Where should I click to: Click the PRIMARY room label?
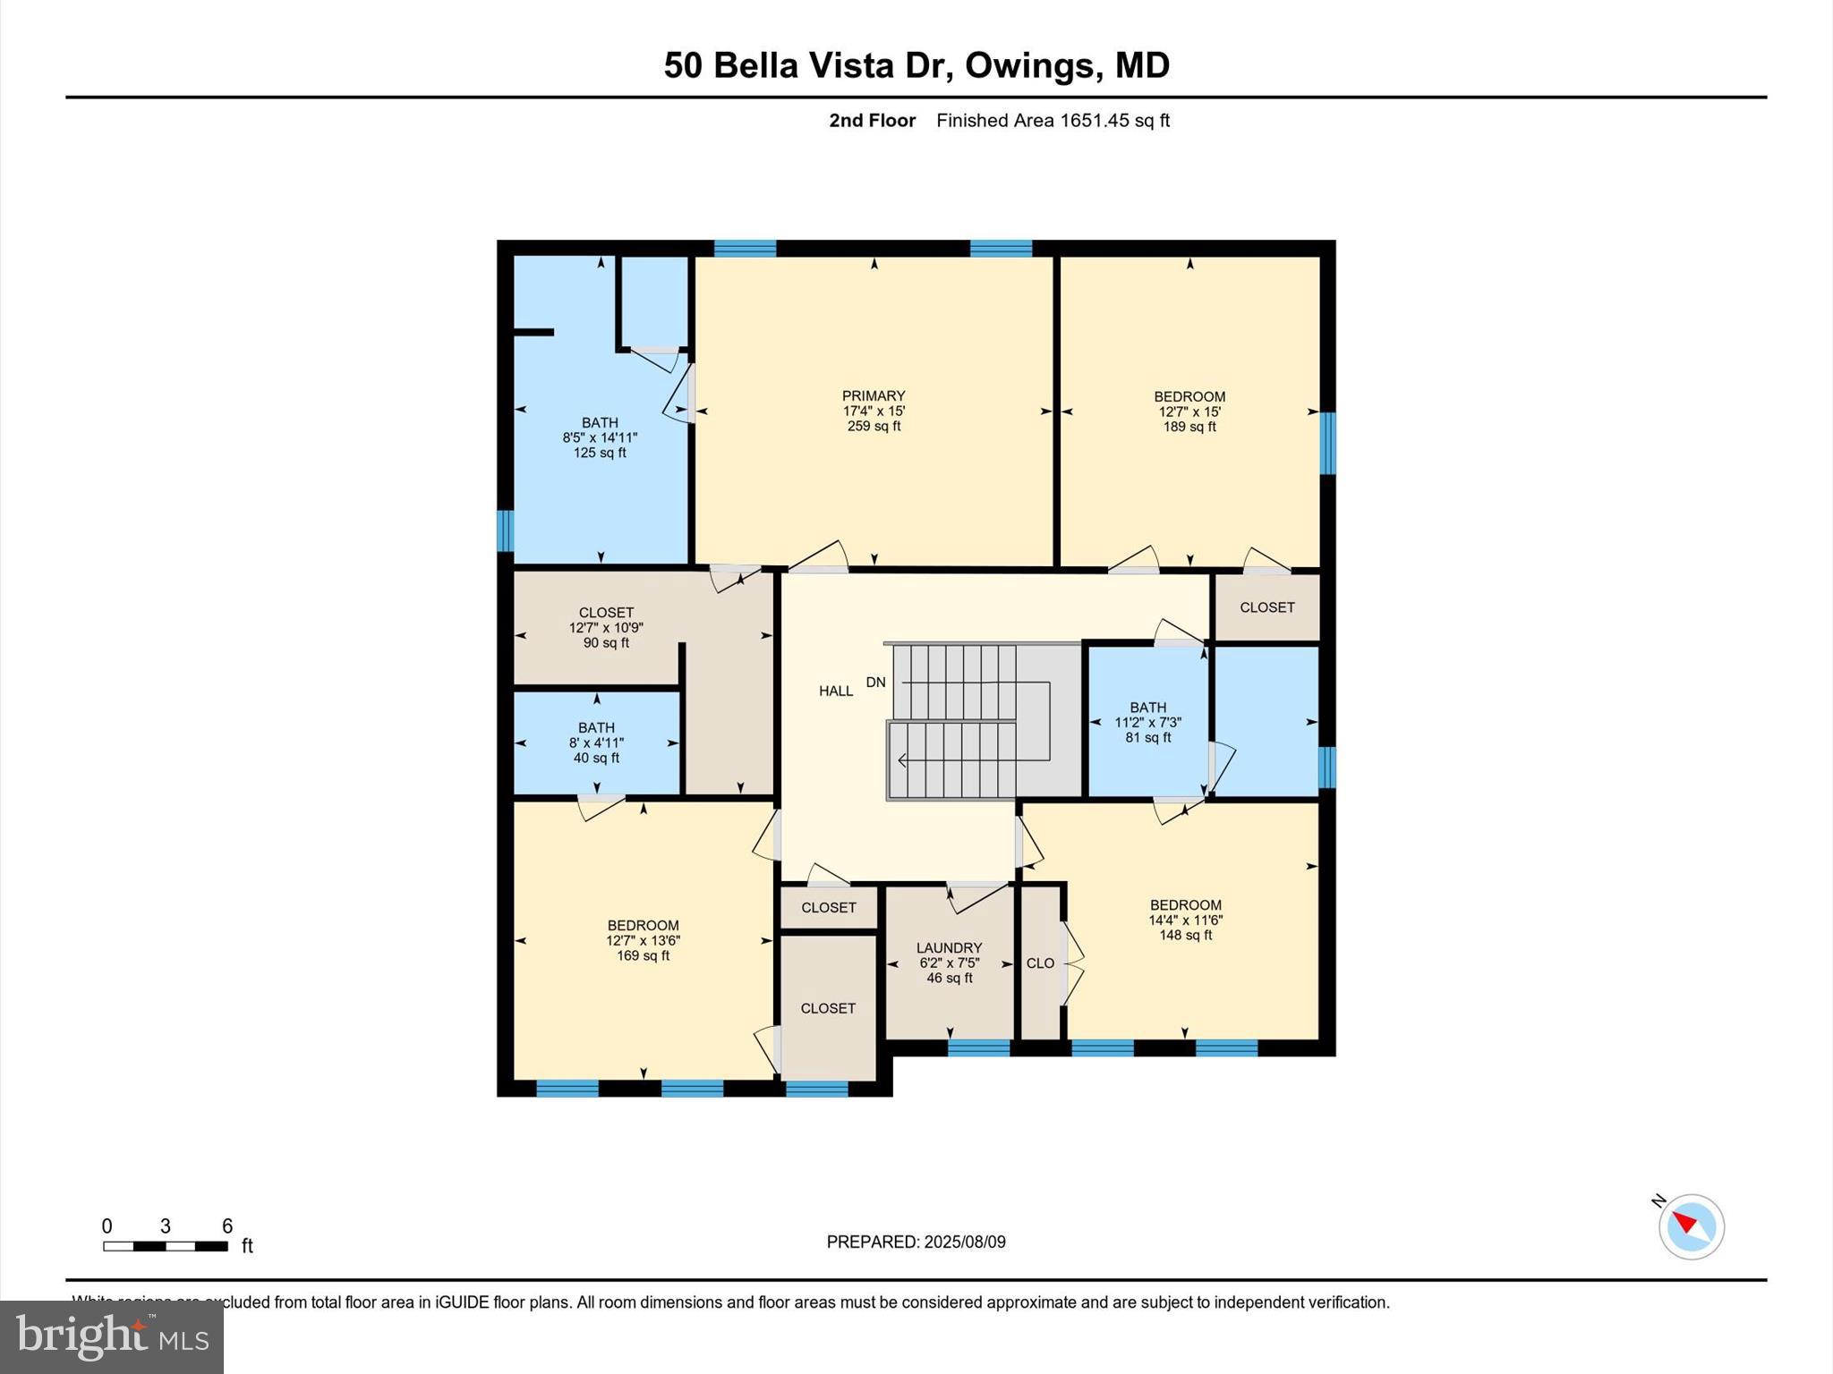coord(874,395)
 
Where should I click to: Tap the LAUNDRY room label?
coord(949,947)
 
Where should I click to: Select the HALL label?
coord(836,691)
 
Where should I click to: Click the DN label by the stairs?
coord(875,683)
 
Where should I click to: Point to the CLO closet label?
coord(1040,963)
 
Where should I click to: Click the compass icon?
coord(1691,1226)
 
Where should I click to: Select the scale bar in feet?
coord(166,1245)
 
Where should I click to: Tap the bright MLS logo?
coord(112,1337)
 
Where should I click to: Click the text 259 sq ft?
coord(874,427)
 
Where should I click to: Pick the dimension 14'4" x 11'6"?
coord(1186,920)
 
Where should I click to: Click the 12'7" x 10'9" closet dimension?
coord(606,628)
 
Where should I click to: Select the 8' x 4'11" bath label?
coord(596,742)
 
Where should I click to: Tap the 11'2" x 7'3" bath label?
coord(1147,723)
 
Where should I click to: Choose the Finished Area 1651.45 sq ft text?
coord(1053,121)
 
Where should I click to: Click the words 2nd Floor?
coord(872,121)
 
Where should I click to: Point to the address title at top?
coord(916,65)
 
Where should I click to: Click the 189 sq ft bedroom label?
coord(1189,427)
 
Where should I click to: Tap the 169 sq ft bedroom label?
coord(643,955)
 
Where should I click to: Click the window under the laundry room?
coord(978,1047)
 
